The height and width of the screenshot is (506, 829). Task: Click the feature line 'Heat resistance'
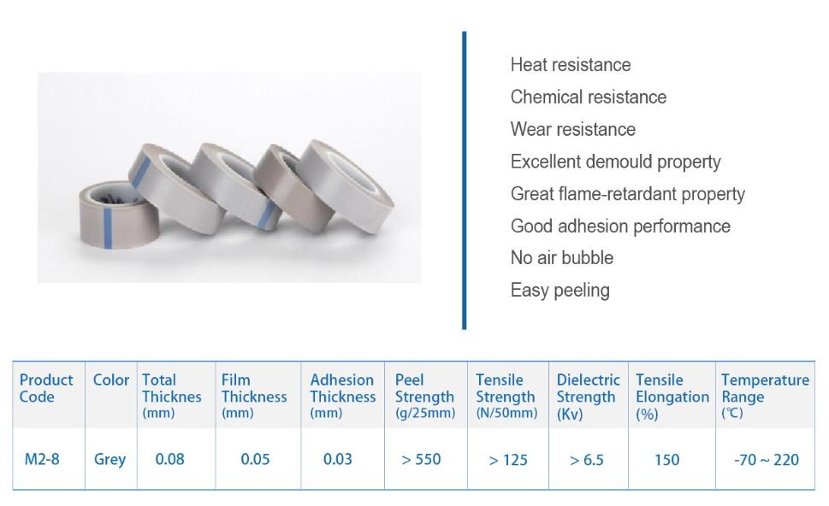click(x=571, y=65)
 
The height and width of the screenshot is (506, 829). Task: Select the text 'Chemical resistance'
click(x=589, y=97)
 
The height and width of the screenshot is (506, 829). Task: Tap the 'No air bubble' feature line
click(x=562, y=258)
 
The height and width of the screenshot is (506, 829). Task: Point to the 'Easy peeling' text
click(x=560, y=291)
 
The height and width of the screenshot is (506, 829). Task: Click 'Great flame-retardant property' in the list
click(x=628, y=194)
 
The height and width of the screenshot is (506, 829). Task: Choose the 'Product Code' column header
click(x=46, y=388)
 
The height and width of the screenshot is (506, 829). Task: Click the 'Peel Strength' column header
click(x=425, y=396)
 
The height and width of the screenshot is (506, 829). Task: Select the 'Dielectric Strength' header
click(x=588, y=396)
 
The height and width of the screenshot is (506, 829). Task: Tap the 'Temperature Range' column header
click(x=765, y=396)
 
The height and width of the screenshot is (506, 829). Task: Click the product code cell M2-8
click(x=42, y=459)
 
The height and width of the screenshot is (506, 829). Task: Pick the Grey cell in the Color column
click(x=110, y=460)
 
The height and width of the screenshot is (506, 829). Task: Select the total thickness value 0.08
click(x=169, y=459)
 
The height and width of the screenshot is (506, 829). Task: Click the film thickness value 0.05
click(x=255, y=459)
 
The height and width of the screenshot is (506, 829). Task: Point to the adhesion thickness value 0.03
click(x=337, y=459)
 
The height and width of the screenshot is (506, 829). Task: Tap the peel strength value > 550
click(x=421, y=460)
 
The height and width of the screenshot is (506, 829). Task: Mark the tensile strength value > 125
click(x=508, y=460)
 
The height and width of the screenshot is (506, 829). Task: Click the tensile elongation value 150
click(x=666, y=460)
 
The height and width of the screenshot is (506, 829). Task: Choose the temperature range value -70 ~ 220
click(x=766, y=460)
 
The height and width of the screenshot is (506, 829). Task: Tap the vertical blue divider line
click(x=465, y=180)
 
